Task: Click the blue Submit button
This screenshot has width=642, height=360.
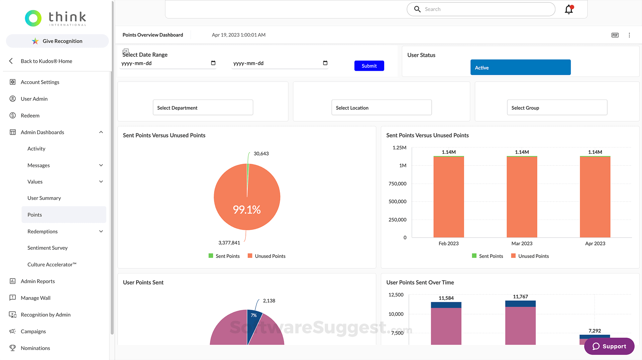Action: pos(369,66)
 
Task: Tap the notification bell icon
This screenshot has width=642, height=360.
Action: pos(569,9)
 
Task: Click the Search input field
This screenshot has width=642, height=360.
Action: pos(485,9)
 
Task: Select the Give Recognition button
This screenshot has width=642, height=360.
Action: pos(58,41)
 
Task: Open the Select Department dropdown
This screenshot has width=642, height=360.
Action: pos(203,108)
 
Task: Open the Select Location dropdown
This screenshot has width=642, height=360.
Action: pos(381,108)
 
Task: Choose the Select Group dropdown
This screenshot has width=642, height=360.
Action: pos(557,108)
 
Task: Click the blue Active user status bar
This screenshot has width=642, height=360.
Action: pos(520,68)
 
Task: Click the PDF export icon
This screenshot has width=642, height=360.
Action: pos(615,35)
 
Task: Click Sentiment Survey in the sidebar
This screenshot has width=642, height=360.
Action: pos(47,248)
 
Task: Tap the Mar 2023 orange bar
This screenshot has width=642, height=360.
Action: pos(522,197)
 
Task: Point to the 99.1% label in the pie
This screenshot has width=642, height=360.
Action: pos(247,210)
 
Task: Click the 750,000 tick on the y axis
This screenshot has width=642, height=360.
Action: pos(397,184)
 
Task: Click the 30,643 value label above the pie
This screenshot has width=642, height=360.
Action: pos(261,154)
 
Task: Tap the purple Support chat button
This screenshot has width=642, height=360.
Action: pos(609,346)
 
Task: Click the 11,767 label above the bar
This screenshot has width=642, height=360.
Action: pos(520,297)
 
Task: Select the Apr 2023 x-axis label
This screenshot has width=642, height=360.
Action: pos(595,243)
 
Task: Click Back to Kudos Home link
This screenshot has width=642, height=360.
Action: pos(46,61)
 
